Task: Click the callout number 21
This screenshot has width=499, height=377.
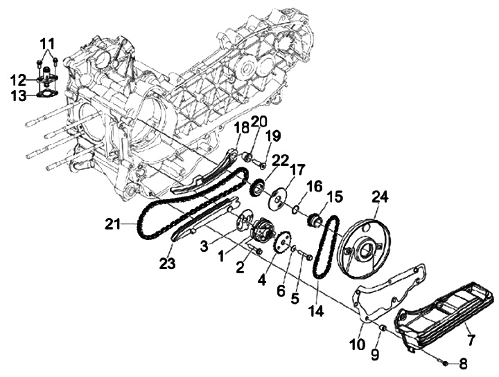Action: point(113,226)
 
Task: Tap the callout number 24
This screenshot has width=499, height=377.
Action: point(380,198)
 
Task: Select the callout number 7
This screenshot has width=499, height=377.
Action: point(471,340)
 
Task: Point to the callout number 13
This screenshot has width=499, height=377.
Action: point(19,95)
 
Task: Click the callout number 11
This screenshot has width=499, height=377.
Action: point(47,44)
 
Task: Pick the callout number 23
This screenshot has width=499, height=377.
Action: point(167,264)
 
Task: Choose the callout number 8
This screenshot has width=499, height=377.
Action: point(463,364)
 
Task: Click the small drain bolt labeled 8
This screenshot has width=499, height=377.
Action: point(444,362)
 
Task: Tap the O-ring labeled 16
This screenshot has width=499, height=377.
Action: point(295,209)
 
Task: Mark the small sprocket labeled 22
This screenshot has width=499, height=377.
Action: point(256,188)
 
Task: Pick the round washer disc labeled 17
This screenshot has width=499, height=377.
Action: point(278,199)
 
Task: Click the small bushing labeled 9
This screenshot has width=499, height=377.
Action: point(383,327)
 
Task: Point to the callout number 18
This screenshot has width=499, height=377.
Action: point(242,129)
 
